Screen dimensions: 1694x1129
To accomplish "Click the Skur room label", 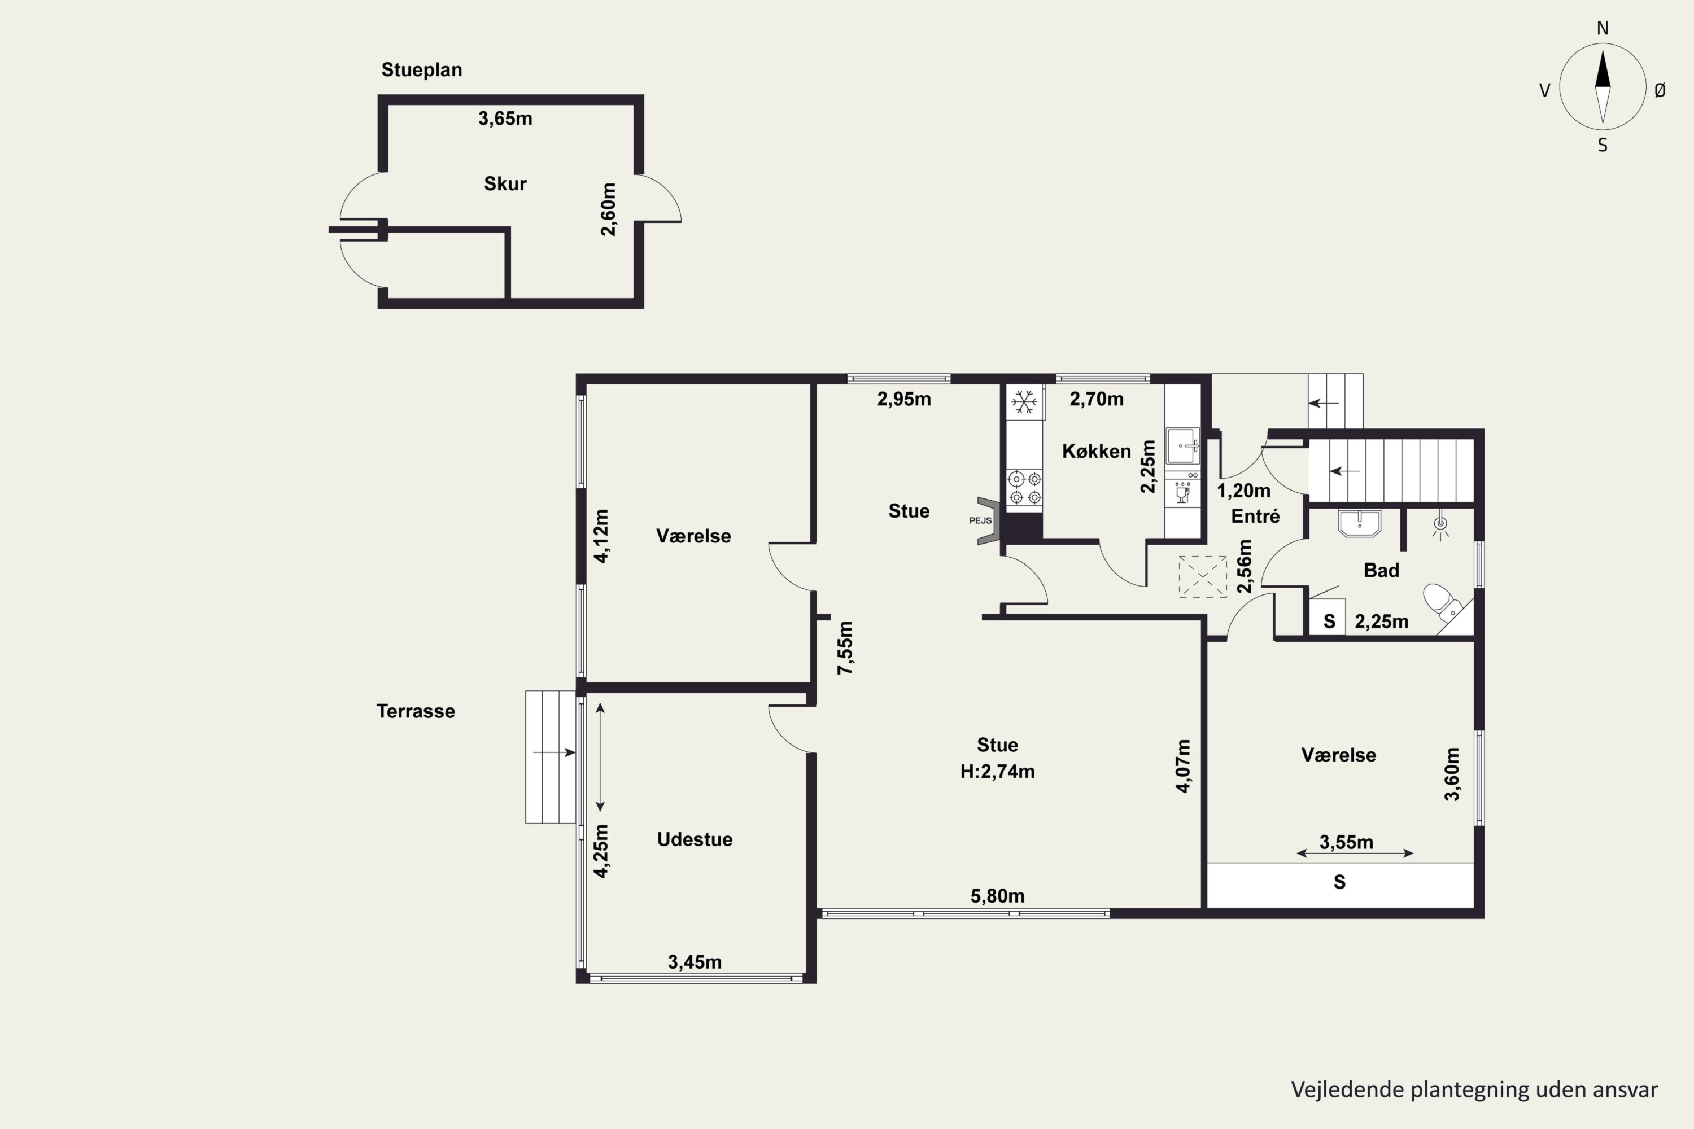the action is [x=505, y=183].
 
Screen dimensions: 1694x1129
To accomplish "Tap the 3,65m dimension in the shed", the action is [x=505, y=119].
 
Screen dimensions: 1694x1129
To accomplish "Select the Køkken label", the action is [x=1096, y=452].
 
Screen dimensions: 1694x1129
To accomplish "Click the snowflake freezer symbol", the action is [x=1024, y=402].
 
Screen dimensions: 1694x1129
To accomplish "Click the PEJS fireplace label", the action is [x=980, y=520].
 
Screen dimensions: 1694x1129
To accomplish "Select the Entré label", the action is [x=1255, y=517].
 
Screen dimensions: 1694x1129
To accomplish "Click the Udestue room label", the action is [x=695, y=839].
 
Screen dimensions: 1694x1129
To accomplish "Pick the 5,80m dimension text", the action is [x=998, y=896].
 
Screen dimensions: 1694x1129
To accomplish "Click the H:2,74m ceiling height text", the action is [x=998, y=772].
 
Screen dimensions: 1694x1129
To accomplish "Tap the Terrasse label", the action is [x=416, y=711].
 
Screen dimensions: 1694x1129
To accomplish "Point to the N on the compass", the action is [x=1603, y=28].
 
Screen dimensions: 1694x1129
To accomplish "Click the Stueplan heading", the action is [x=421, y=70].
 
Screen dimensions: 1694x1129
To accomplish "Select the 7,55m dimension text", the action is [x=845, y=648].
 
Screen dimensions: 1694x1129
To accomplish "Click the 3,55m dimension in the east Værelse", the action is [x=1346, y=842].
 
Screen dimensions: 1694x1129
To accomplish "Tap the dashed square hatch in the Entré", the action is [x=1203, y=577].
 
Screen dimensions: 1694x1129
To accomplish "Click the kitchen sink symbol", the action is [x=1182, y=446].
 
